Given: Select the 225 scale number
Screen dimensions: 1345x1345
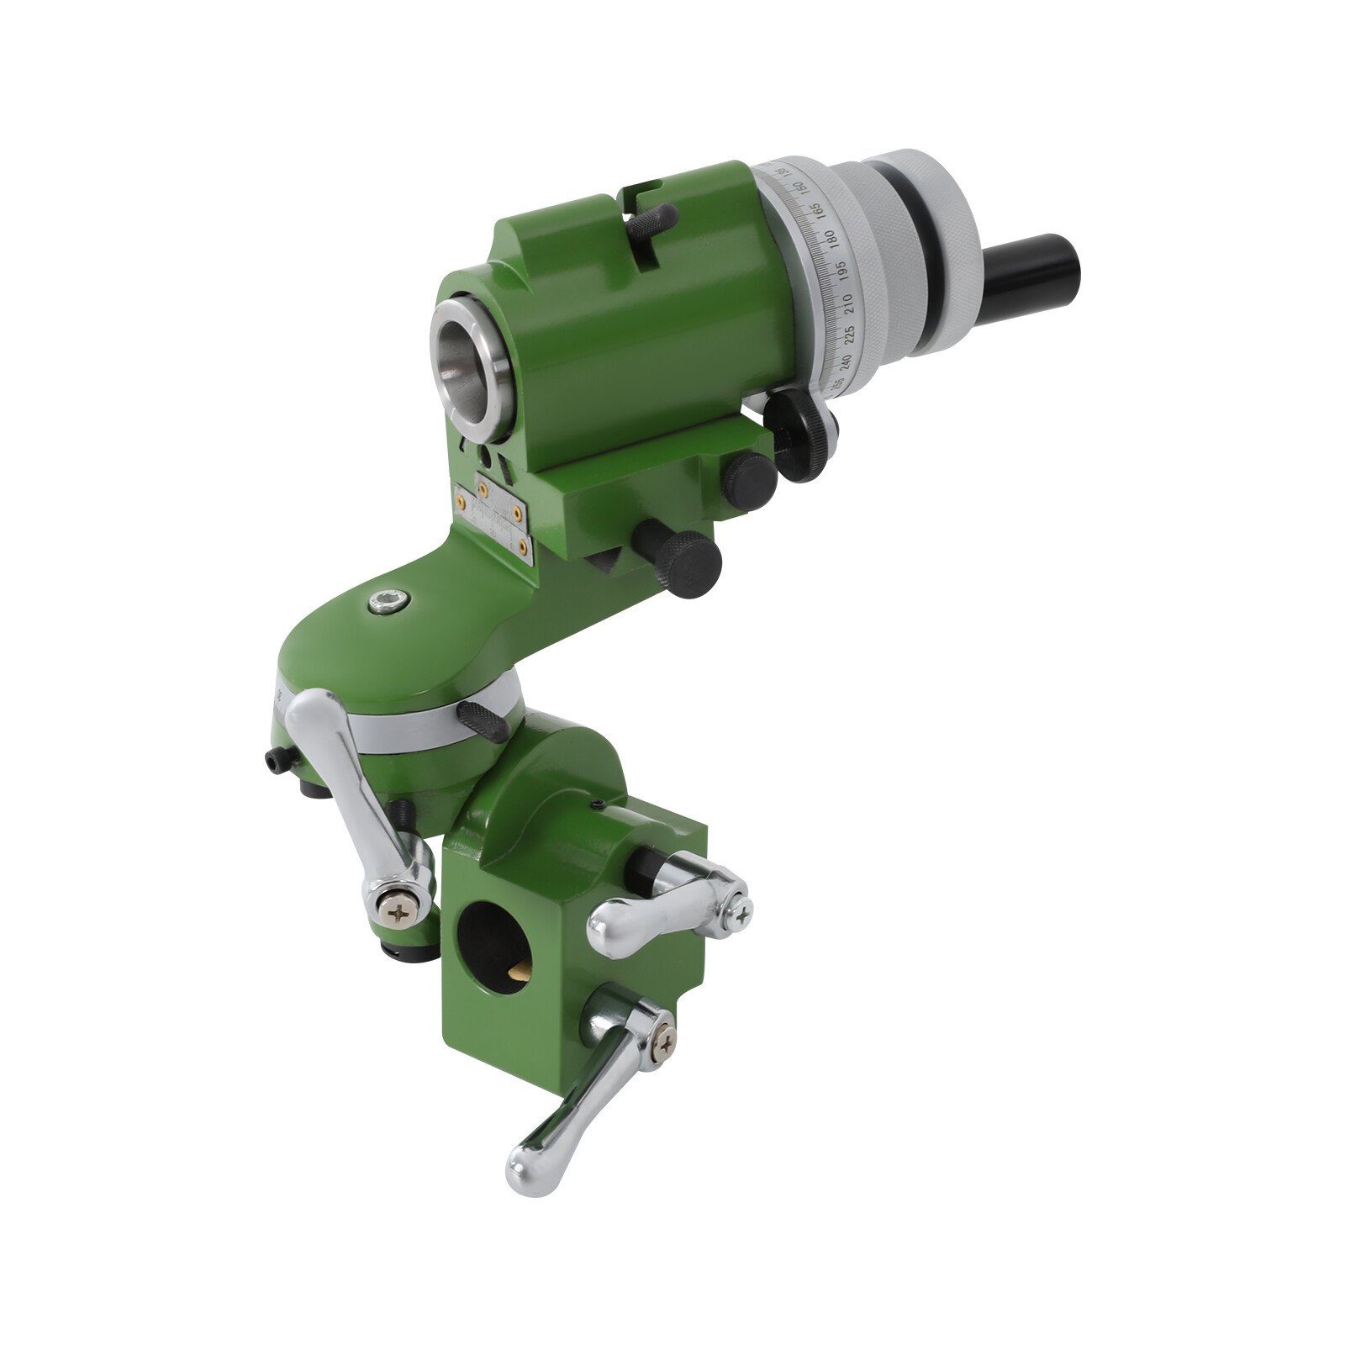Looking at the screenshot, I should (x=849, y=333).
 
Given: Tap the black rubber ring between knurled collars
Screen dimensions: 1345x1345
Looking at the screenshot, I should (x=932, y=252).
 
